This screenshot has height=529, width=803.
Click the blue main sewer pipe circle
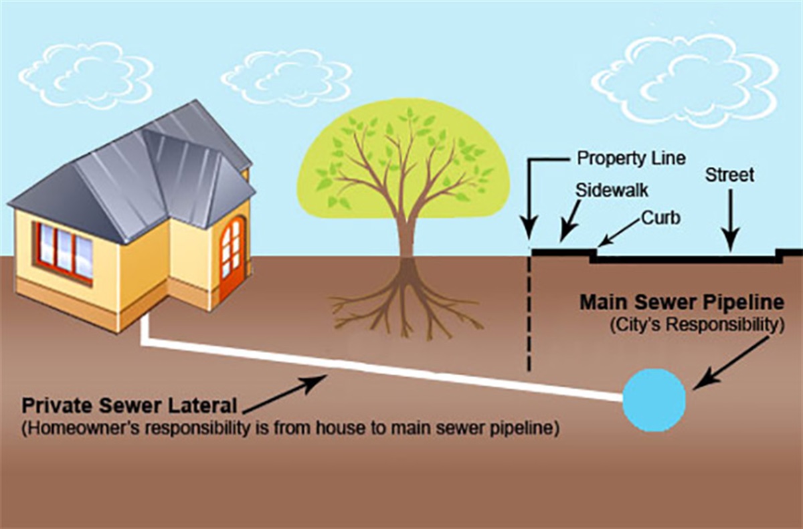pos(654,400)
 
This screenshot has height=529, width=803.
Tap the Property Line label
pos(631,158)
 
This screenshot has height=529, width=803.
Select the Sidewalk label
pos(612,190)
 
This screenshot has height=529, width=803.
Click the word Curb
pos(660,217)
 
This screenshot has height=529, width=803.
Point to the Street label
pos(729,175)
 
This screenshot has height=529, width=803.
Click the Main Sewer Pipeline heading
pos(682,303)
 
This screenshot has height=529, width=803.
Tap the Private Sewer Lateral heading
pos(129,406)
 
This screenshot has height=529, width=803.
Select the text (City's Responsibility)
pos(697,325)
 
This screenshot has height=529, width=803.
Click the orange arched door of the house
pos(232,256)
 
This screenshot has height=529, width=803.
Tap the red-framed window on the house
pos(64,253)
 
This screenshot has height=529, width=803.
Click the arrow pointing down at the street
pos(730,221)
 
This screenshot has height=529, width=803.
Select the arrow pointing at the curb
pos(619,233)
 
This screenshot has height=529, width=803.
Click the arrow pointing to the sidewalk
pos(570,221)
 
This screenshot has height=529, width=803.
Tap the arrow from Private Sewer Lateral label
pos(284,395)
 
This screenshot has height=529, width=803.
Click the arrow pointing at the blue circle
pos(731,364)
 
